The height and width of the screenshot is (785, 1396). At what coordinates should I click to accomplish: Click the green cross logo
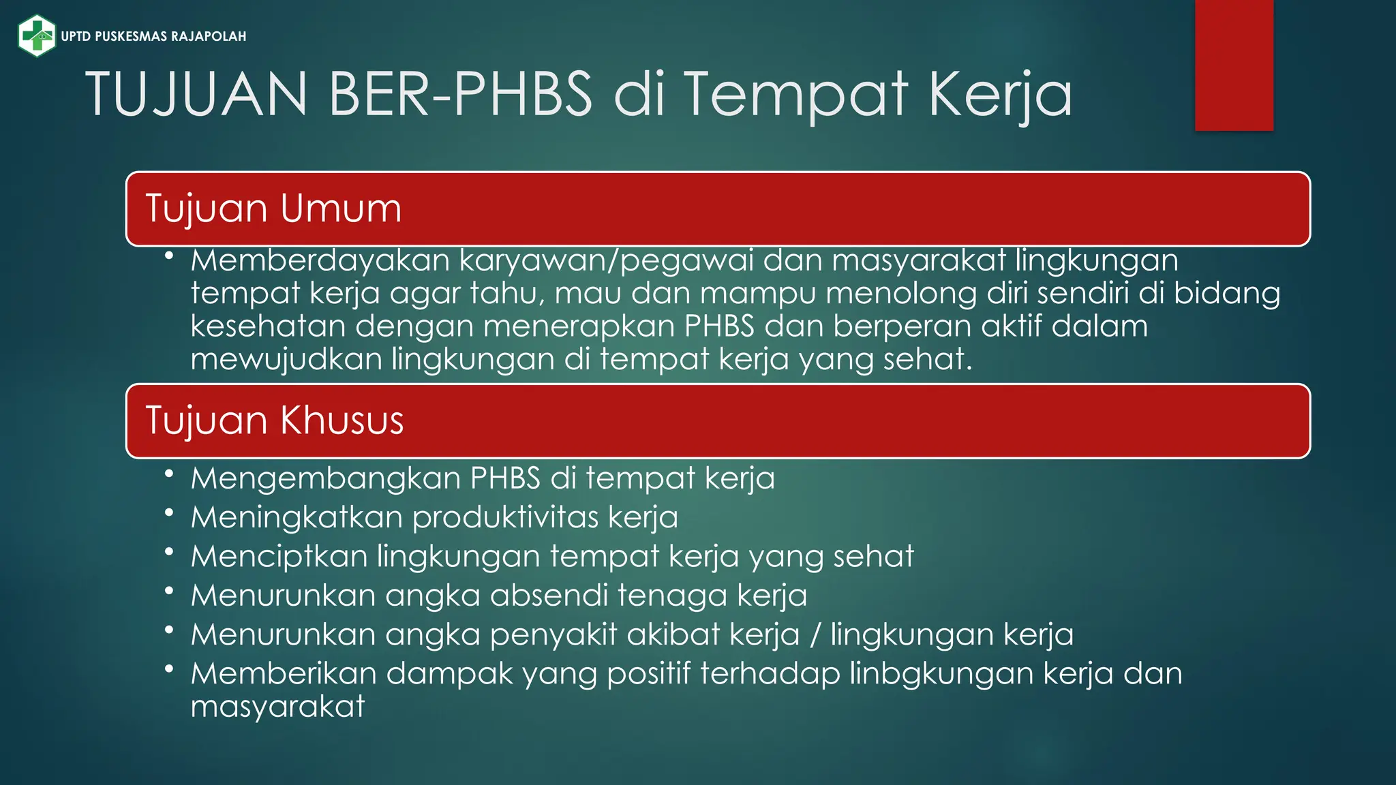coord(37,35)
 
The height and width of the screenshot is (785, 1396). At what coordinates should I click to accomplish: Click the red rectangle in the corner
coord(1234,65)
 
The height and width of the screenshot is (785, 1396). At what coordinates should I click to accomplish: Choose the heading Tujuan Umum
coord(273,209)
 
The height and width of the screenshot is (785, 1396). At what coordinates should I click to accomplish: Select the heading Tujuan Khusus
coord(275,420)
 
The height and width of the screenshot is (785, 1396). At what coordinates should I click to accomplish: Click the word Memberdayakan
coord(320,260)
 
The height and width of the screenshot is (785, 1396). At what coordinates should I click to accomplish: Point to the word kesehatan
coord(268,326)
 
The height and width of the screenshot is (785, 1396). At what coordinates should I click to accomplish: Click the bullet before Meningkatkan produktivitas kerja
coord(169,512)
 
